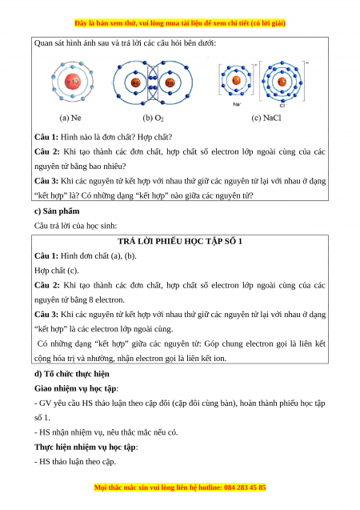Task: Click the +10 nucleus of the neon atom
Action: tap(73, 82)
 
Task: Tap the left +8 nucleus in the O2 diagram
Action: tap(136, 82)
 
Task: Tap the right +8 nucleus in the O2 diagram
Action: tap(170, 82)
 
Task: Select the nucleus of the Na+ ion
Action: tap(237, 80)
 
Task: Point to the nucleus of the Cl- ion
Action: tap(282, 82)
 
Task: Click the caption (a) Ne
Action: tap(70, 118)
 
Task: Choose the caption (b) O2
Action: tap(153, 118)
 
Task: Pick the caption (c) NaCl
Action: tap(266, 118)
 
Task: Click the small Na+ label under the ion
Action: tap(237, 104)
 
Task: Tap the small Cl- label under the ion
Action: tap(282, 106)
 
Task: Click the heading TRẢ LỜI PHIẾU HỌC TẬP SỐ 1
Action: tap(180, 241)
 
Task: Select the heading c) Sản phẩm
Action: tap(57, 211)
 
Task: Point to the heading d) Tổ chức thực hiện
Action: tap(72, 374)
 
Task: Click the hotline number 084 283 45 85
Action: tap(245, 488)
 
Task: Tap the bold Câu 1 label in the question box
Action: tap(46, 137)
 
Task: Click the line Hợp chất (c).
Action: tap(57, 271)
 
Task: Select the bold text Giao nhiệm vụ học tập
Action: tap(75, 388)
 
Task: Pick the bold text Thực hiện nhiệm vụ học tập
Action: tap(85, 447)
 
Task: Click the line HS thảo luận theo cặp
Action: tap(75, 461)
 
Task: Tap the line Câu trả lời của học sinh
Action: tap(75, 226)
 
